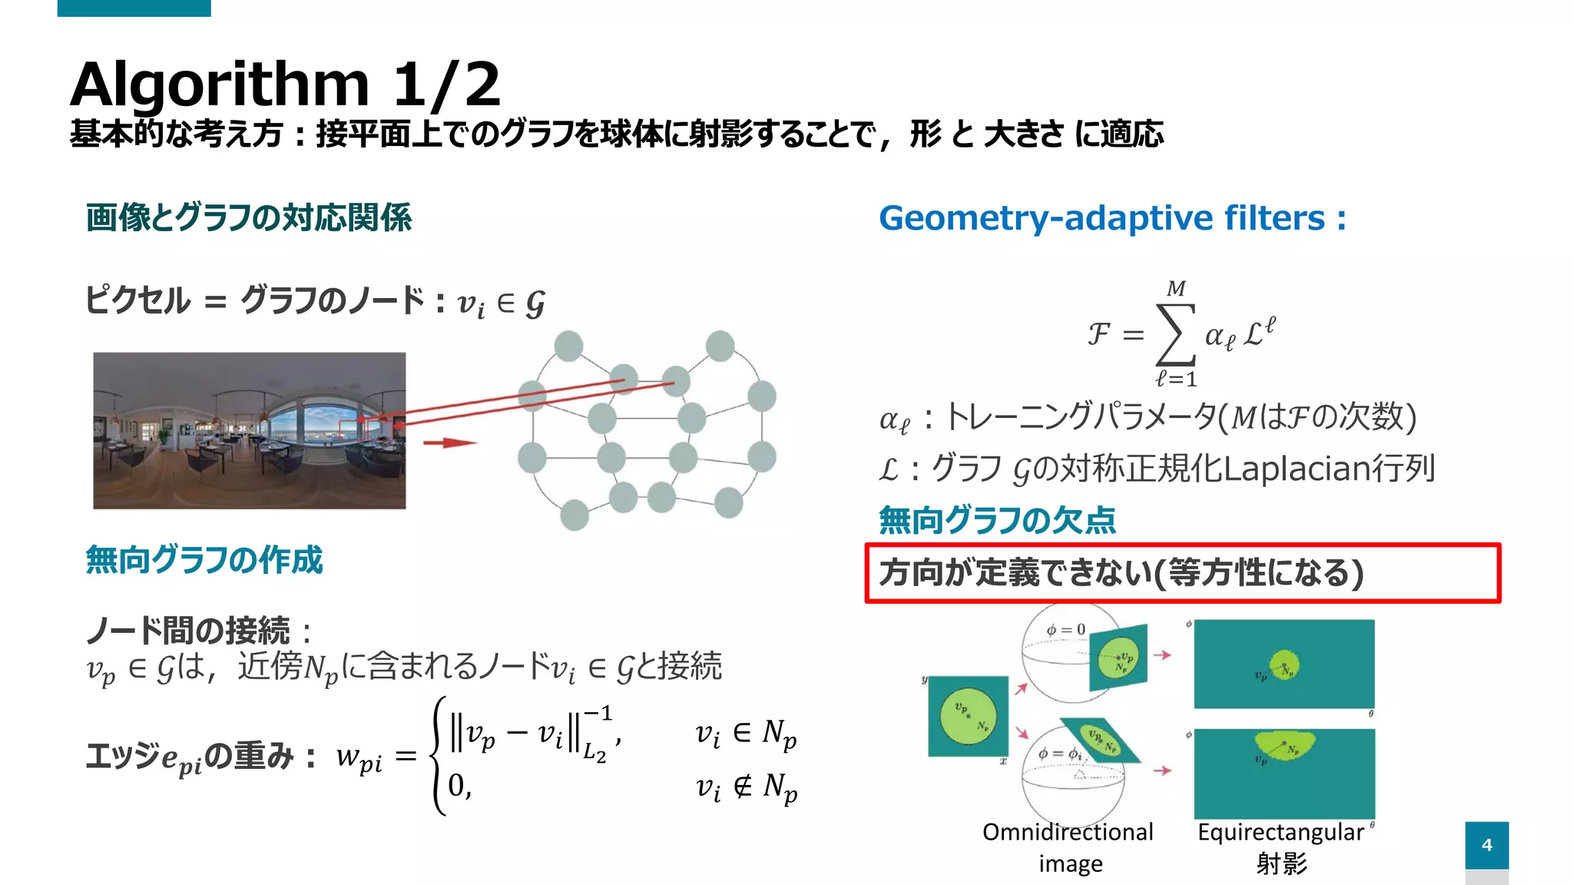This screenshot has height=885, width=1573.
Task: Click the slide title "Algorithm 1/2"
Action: coord(285,84)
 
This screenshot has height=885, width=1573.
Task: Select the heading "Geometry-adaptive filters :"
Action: coord(1111,218)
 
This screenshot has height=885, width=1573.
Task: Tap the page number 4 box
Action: coord(1486,845)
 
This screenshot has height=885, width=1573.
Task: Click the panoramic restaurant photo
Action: coord(249,430)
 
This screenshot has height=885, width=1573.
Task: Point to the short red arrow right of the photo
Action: coord(449,442)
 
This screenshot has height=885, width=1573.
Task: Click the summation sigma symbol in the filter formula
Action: coord(1176,334)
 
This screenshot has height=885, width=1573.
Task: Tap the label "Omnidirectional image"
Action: coord(1068,847)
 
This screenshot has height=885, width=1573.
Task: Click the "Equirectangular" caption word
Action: coord(1280,832)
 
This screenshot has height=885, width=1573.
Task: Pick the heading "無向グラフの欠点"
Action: coord(996,520)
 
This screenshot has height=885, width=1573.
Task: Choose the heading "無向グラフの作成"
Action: coord(204,559)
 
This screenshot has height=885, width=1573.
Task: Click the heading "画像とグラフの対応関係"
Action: coord(248,217)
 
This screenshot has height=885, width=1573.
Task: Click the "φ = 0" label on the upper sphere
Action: coord(1065,630)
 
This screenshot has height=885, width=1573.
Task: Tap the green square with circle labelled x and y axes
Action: coord(968,716)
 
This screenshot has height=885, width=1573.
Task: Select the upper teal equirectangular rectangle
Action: coord(1283,664)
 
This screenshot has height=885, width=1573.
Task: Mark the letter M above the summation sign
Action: coord(1176,289)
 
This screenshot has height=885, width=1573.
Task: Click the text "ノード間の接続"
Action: coord(187,631)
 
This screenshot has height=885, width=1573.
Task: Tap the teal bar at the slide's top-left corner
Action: coord(134,8)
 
